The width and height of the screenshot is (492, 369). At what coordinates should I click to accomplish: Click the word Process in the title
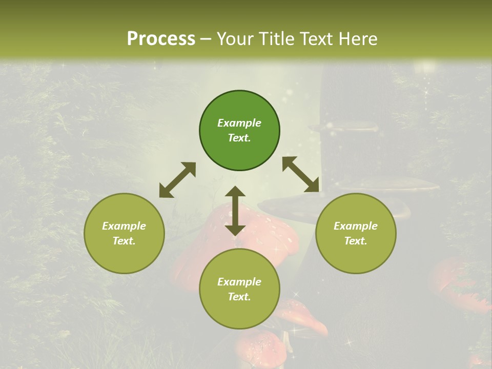[x=161, y=39]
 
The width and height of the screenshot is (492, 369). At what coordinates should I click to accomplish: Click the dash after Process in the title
[x=206, y=39]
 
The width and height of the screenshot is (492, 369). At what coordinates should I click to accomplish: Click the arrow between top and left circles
[x=177, y=180]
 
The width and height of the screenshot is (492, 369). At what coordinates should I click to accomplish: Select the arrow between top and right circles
[x=301, y=174]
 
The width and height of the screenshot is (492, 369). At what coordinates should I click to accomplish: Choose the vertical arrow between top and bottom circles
[x=235, y=211]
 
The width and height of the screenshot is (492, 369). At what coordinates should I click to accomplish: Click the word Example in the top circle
[x=239, y=123]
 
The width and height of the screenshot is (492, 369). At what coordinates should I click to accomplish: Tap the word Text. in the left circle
[x=124, y=241]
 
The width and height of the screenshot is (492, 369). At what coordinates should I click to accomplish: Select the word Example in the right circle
[x=356, y=226]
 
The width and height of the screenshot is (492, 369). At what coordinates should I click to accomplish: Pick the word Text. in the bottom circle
[x=239, y=297]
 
